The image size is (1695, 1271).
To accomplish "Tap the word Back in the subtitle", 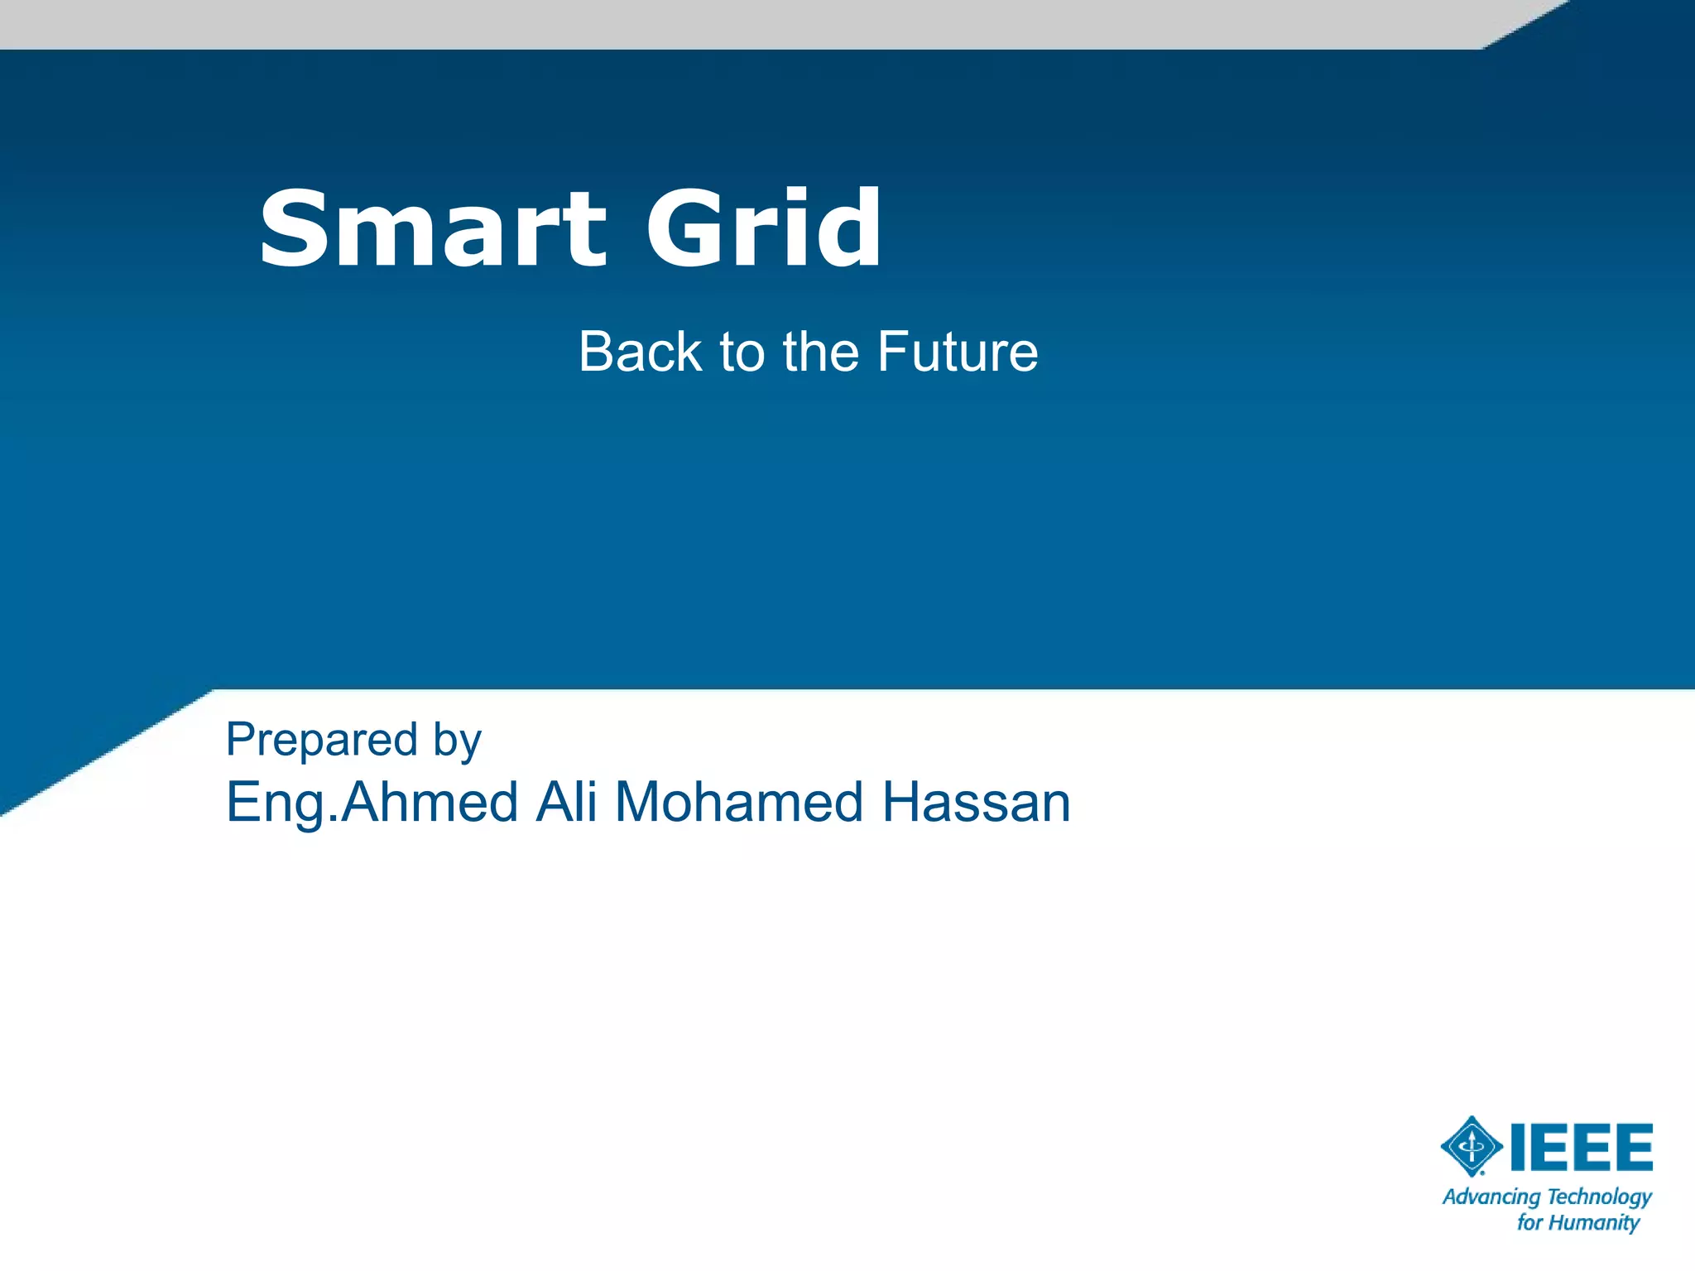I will point(640,352).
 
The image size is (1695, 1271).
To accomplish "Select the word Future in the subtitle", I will point(957,352).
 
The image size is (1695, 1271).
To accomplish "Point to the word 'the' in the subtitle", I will point(821,352).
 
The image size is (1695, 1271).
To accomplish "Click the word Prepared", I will point(321,739).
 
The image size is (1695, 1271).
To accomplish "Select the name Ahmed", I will point(430,802).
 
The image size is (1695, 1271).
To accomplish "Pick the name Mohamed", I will point(739,802).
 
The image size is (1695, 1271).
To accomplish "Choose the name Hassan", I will point(976,802).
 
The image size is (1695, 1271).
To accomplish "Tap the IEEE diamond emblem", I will point(1472,1146).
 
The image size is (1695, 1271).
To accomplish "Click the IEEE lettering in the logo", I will point(1582,1147).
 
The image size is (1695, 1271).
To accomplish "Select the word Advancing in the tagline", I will point(1491,1197).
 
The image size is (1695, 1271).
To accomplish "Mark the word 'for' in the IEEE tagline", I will point(1529,1223).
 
